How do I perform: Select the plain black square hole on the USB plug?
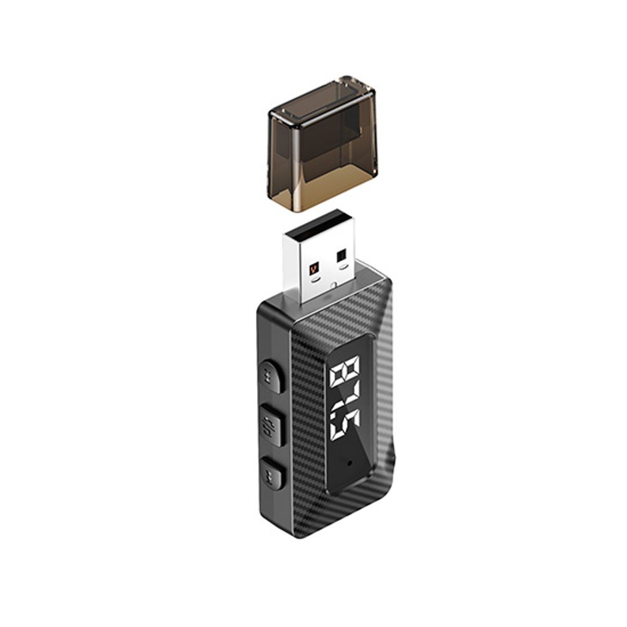[342, 256]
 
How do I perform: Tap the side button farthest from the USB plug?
[272, 474]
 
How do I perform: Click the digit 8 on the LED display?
[346, 373]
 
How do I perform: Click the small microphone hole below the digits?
[350, 463]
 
